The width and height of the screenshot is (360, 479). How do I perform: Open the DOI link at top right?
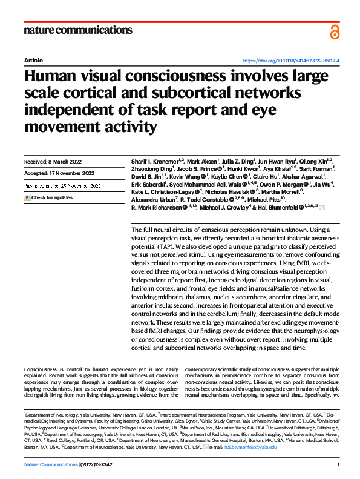click(x=291, y=61)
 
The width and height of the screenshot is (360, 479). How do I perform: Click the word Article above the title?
click(x=33, y=61)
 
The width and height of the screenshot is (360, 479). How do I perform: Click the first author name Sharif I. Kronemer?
click(x=152, y=162)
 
